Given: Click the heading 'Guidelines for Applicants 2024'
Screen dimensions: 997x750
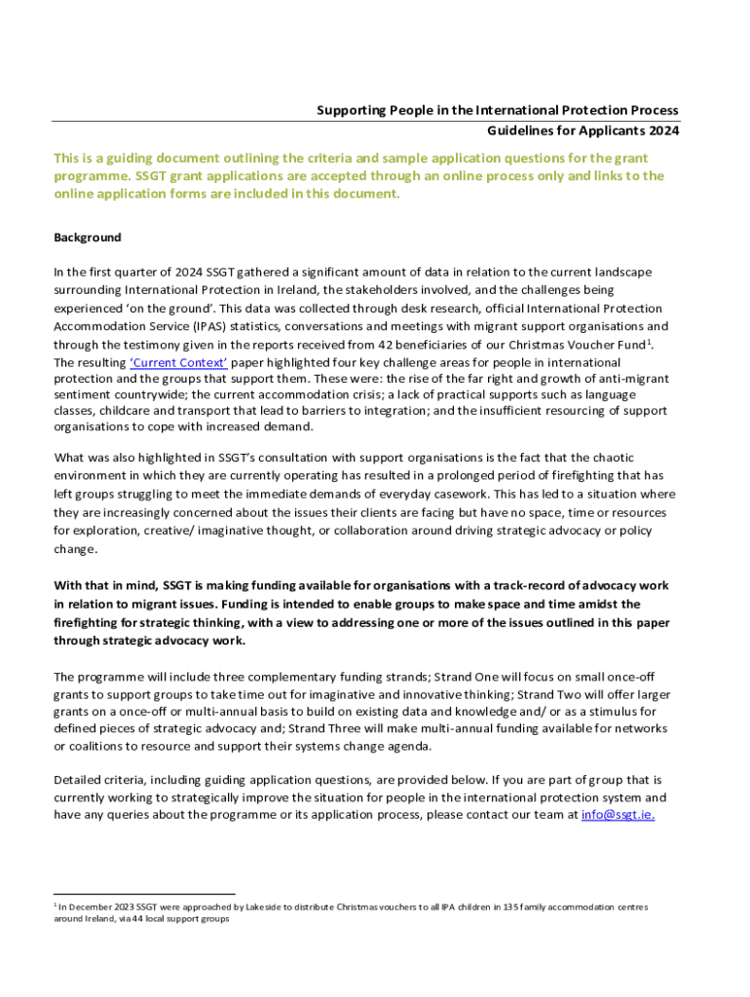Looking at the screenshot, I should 582,130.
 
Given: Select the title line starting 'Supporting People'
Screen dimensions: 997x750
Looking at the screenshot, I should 497,111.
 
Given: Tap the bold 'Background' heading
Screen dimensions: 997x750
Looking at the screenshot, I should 88,238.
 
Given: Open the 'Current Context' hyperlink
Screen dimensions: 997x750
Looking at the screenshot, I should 178,363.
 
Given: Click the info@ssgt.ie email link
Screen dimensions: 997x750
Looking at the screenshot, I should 618,815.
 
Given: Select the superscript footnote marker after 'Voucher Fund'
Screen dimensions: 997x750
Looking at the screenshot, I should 650,341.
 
